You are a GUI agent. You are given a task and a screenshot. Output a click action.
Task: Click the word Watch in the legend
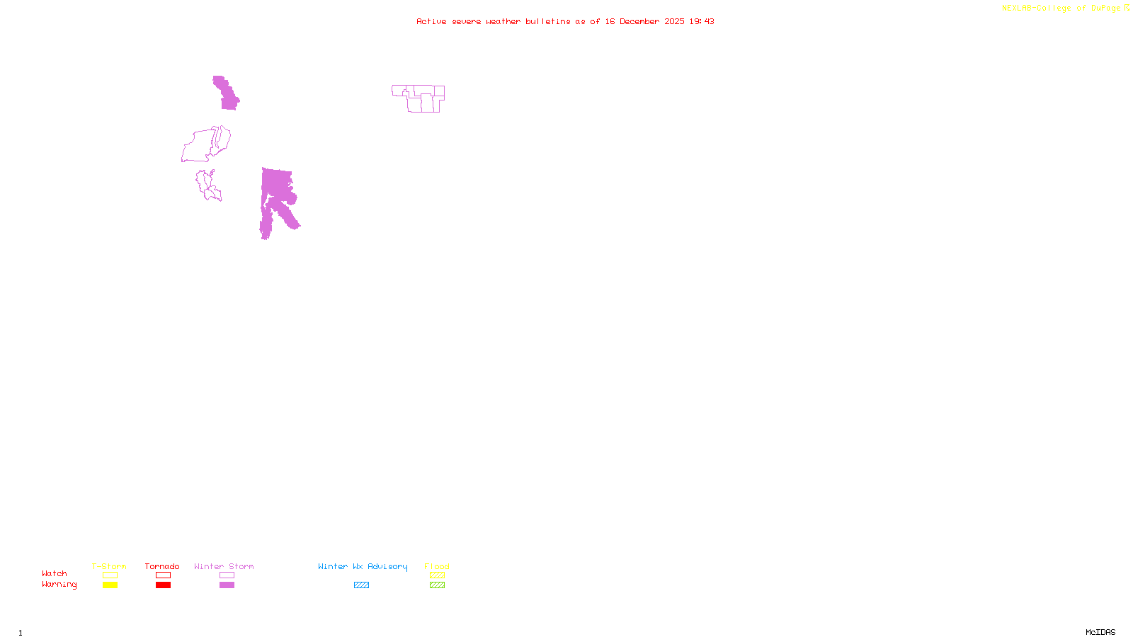pos(55,574)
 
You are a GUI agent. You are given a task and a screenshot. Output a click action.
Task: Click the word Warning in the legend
pos(59,585)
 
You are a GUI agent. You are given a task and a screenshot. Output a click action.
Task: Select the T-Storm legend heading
pos(109,566)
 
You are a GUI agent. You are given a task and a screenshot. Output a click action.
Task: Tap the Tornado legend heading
pos(162,566)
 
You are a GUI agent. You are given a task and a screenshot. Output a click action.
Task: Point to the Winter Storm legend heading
pos(224,566)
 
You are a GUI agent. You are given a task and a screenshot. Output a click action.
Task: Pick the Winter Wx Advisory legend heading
pos(363,566)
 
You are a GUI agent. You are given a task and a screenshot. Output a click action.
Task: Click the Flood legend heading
pos(437,566)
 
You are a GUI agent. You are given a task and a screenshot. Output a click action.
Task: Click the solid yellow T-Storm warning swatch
pos(110,585)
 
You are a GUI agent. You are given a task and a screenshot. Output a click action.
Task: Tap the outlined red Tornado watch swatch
pos(163,575)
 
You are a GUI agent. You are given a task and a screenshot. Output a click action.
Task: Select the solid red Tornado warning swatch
pos(163,585)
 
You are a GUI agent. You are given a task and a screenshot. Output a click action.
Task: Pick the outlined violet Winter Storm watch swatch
pos(227,575)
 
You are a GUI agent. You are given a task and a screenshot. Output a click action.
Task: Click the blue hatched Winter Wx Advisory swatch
pos(361,585)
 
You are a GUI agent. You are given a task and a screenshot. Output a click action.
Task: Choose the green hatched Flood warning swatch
pos(437,585)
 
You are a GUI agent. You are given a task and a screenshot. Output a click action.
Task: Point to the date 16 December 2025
pos(644,21)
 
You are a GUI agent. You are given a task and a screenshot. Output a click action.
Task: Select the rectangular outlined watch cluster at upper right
pos(419,98)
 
